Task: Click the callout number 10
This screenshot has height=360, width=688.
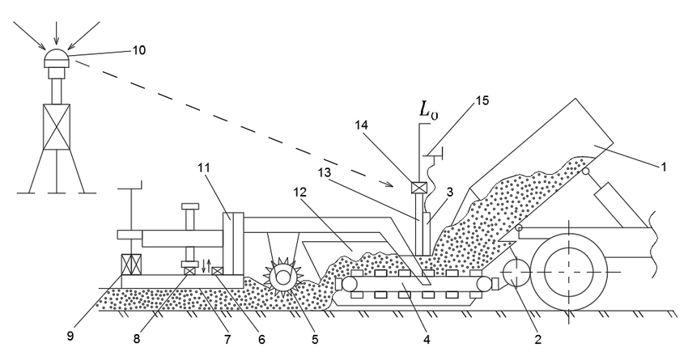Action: [140, 50]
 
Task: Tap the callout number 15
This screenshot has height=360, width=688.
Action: [482, 102]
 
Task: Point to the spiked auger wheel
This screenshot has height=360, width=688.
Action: [282, 277]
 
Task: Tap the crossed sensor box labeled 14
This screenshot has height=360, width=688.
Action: [419, 189]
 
